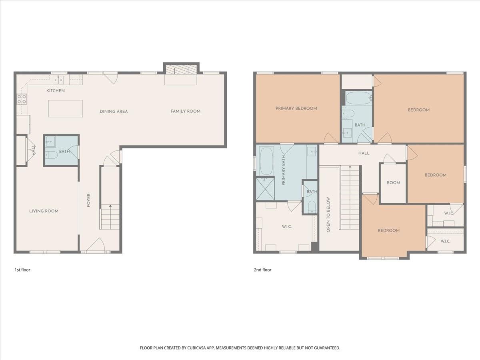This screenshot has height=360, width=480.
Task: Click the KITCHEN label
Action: [56, 90]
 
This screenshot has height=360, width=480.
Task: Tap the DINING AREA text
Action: [114, 112]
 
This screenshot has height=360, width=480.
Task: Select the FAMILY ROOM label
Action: [186, 111]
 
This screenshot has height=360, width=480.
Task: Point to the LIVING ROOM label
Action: [44, 211]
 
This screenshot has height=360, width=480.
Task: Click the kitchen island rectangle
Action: [65, 109]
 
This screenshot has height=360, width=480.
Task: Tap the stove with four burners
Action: [22, 99]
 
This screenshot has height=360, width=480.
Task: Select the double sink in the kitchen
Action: [58, 80]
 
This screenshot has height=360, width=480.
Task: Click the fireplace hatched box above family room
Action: [181, 70]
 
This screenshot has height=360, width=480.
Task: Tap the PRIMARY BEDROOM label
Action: [296, 108]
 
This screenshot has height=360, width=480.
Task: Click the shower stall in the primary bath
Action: [265, 189]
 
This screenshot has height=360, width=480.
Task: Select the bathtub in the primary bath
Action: [266, 161]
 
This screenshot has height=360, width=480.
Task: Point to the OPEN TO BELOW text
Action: [328, 214]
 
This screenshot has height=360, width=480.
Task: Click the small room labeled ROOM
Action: [394, 183]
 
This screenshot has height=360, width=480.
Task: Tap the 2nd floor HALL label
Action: [364, 153]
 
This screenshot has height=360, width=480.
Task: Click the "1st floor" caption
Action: [22, 270]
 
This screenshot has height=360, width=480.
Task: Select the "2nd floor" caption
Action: [263, 270]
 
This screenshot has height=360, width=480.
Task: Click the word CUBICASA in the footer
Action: [196, 348]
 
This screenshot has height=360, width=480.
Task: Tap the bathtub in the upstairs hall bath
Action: [359, 98]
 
